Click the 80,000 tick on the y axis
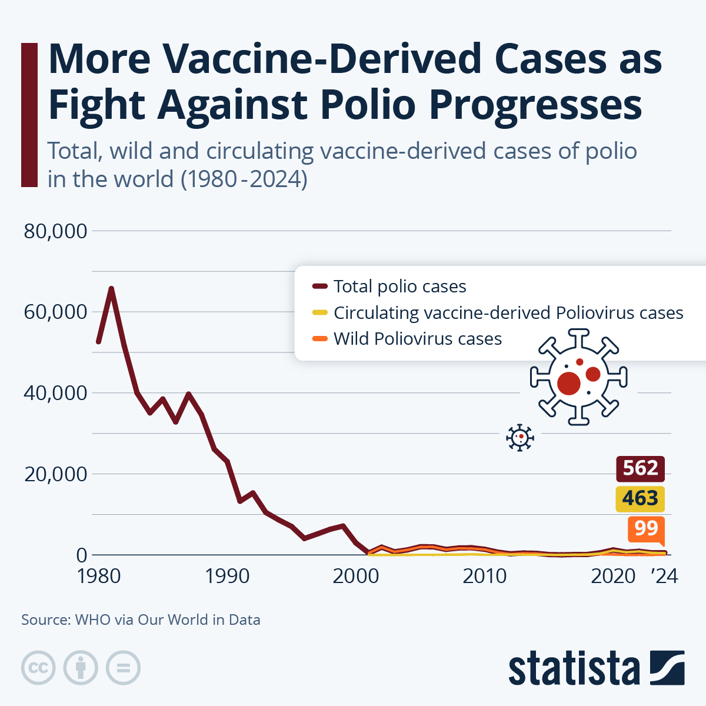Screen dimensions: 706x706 tap(55, 231)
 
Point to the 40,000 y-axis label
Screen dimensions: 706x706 tap(55, 393)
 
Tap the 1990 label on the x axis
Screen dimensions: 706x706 tap(227, 576)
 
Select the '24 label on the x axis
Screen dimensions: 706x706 tap(664, 576)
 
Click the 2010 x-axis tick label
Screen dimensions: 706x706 tap(484, 576)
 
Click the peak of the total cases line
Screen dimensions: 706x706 tap(111, 288)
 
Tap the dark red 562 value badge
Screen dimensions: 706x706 tap(640, 468)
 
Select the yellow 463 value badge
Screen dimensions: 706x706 tap(640, 499)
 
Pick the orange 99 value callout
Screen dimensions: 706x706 tap(646, 528)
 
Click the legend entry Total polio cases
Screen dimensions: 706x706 tap(399, 287)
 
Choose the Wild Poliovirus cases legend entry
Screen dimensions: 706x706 tap(417, 339)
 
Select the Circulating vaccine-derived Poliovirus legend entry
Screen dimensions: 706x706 tap(508, 313)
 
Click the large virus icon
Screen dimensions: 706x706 tap(578, 377)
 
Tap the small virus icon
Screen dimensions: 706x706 tap(520, 438)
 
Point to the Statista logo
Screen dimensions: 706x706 tap(596, 668)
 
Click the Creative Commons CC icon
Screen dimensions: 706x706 tap(38, 668)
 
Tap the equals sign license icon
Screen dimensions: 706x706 tap(124, 668)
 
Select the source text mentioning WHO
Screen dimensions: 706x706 tap(141, 620)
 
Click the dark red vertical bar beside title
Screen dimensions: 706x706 tap(29, 115)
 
